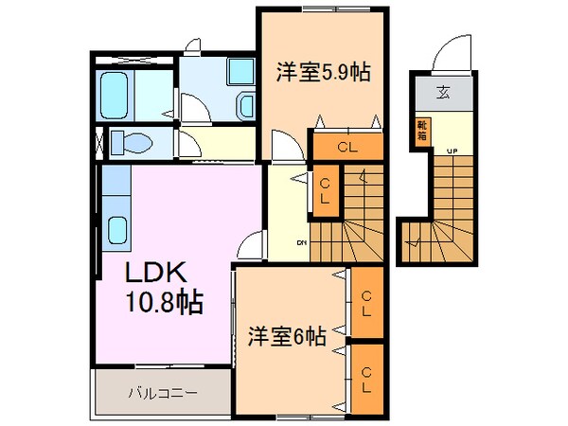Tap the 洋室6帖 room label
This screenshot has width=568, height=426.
[288, 335]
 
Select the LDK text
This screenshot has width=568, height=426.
[160, 273]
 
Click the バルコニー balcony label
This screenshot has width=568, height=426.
[163, 391]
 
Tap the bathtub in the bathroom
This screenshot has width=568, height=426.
[118, 95]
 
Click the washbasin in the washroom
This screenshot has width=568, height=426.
[244, 104]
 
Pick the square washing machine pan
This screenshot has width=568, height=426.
[241, 69]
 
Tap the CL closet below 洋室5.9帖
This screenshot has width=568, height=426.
[346, 147]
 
